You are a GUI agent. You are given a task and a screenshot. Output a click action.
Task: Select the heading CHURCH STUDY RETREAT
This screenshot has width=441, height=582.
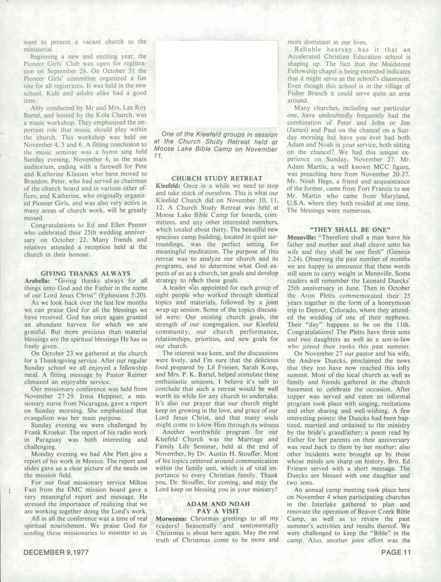[217, 178]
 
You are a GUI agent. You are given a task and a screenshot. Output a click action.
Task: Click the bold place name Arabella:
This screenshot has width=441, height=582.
[35, 281]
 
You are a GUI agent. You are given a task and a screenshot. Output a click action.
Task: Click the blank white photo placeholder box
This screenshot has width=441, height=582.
[216, 84]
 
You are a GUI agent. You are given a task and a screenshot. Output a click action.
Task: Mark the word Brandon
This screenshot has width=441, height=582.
[36, 181]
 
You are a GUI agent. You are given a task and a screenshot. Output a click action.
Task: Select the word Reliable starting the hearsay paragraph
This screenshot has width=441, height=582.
[308, 49]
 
